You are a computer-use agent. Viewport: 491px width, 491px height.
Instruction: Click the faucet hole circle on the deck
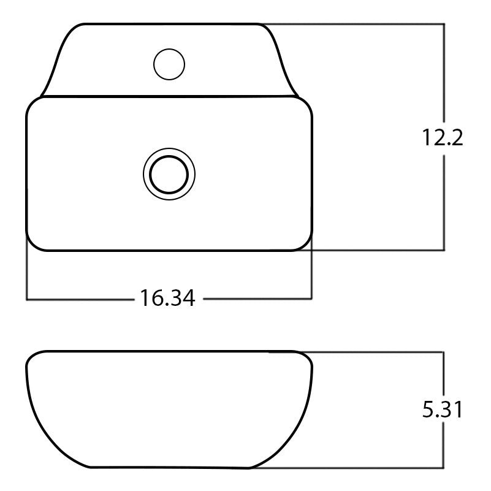pyautogui.click(x=169, y=64)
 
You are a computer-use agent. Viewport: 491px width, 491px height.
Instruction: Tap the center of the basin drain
pyautogui.click(x=169, y=173)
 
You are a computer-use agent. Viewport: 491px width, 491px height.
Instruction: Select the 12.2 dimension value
pyautogui.click(x=441, y=138)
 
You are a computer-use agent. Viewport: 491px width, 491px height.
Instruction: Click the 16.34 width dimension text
pyautogui.click(x=167, y=299)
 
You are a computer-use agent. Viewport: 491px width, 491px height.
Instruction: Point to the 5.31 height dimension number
pyautogui.click(x=441, y=409)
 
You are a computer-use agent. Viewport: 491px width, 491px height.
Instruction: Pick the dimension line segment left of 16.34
pyautogui.click(x=80, y=299)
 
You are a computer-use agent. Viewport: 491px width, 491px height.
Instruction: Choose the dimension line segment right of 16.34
pyautogui.click(x=257, y=299)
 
